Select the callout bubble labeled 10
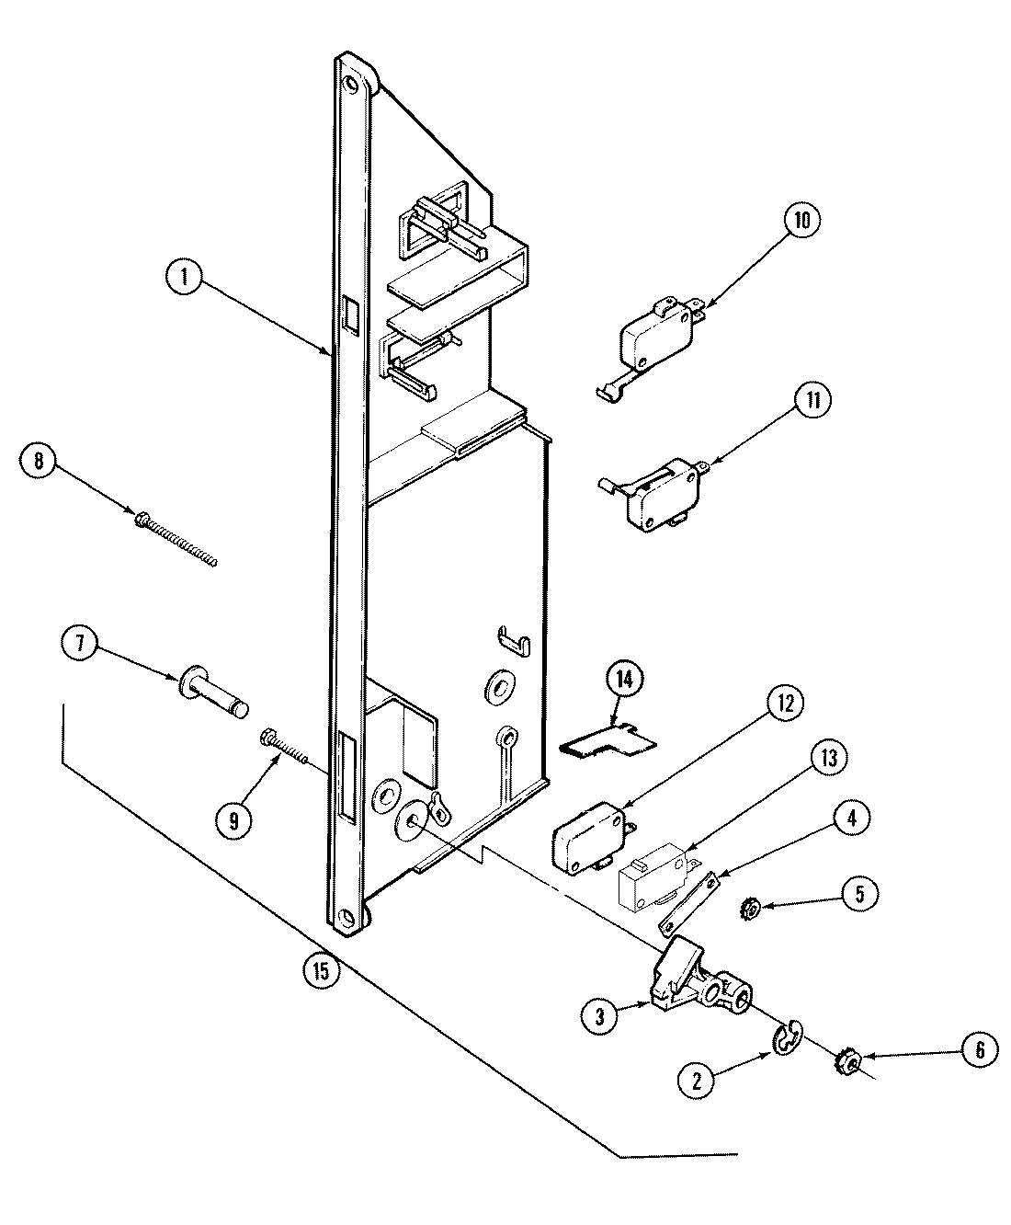pos(801,222)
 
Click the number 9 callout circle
pos(233,821)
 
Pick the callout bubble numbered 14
pos(625,680)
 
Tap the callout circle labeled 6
pos(979,1050)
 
